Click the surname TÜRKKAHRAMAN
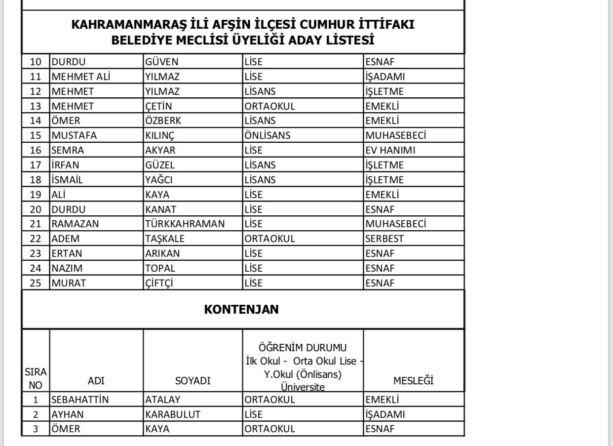(x=185, y=224)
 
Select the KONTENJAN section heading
(x=241, y=309)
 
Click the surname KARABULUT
(x=173, y=414)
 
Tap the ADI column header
(x=96, y=381)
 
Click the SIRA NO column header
(x=35, y=377)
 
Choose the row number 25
(x=36, y=284)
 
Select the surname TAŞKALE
(x=165, y=239)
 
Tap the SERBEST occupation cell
(x=384, y=239)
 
